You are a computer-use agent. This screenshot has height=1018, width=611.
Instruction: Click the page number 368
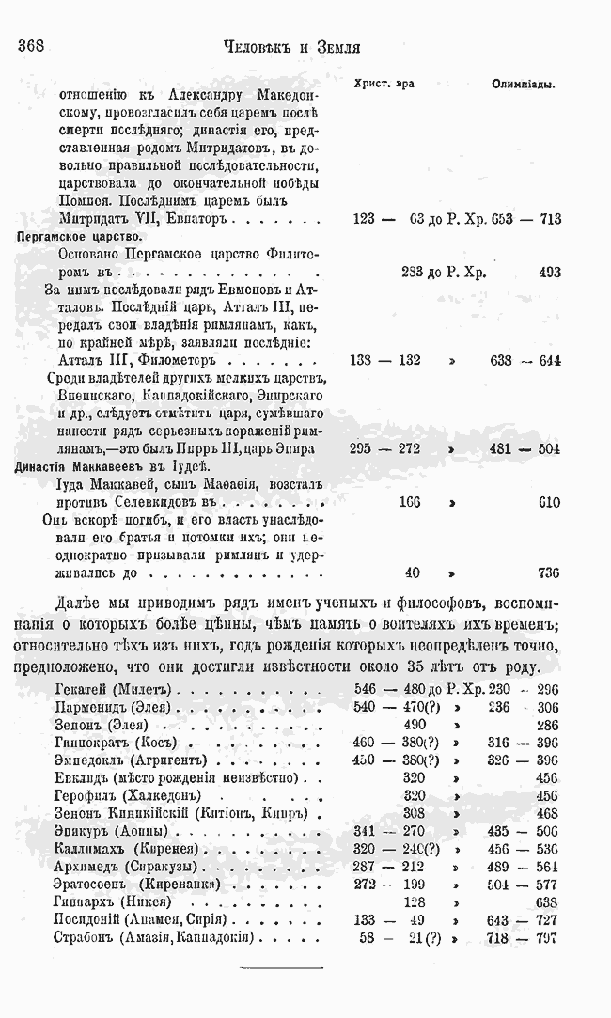(33, 45)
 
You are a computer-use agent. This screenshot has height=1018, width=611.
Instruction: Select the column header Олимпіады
(523, 84)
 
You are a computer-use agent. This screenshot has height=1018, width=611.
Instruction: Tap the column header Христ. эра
(384, 84)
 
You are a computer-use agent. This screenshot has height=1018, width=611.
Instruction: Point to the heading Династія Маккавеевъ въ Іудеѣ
(116, 466)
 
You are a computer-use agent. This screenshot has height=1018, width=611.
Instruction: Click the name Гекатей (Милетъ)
(121, 691)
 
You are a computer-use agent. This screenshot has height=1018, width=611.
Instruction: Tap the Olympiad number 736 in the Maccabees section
(547, 572)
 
